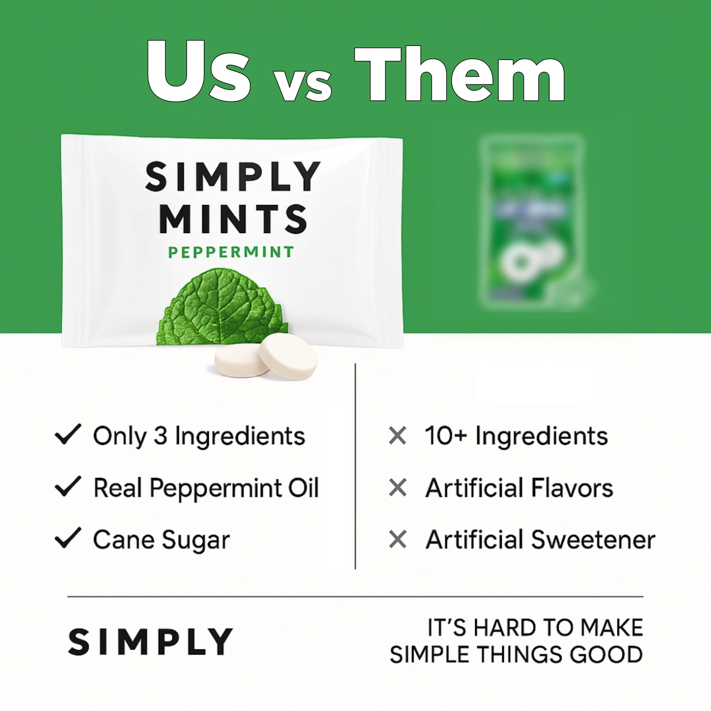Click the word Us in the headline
(199, 72)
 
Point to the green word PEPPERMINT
(231, 252)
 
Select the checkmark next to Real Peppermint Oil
(68, 487)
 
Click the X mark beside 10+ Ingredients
(397, 436)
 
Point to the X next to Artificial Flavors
(397, 488)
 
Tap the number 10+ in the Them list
(446, 436)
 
